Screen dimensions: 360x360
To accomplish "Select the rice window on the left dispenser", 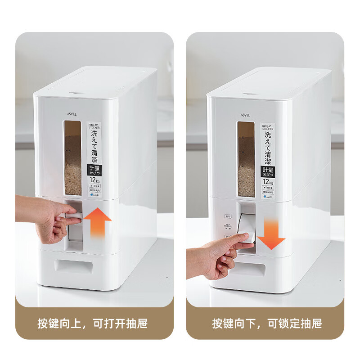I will pos(73,157).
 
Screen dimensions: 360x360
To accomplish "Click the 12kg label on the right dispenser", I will pos(267,181).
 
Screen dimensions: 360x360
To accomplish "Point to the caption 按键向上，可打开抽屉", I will pos(92,323).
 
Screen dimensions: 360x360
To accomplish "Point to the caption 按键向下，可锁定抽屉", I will pos(267,323).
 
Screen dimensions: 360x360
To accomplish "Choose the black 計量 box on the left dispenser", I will pos(94,169).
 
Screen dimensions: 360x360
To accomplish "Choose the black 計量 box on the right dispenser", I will pos(267,171).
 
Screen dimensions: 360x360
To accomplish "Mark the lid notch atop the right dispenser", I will pos(250,93).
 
